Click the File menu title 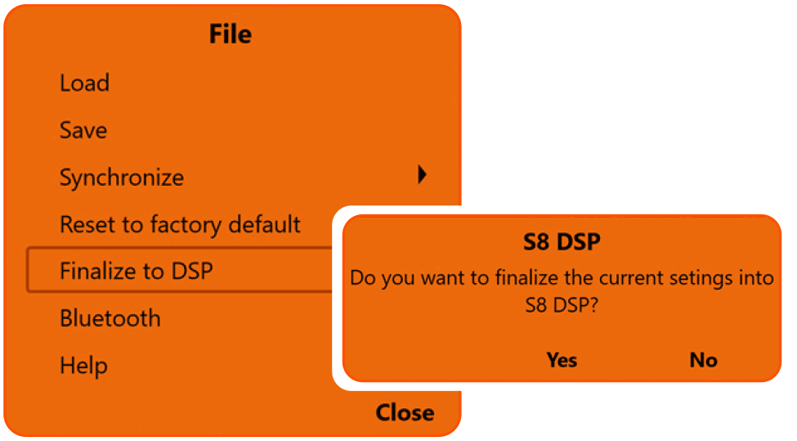[x=231, y=34]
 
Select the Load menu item [x=84, y=83]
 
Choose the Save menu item [x=83, y=130]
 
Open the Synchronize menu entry [x=122, y=178]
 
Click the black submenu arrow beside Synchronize [x=422, y=173]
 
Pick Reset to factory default [x=180, y=224]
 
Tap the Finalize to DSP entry [x=136, y=271]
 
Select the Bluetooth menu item [x=110, y=318]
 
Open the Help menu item [x=83, y=365]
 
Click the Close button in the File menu [x=405, y=412]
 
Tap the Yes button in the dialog [x=562, y=360]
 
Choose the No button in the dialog [x=703, y=360]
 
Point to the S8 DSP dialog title [x=561, y=243]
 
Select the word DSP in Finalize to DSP [x=192, y=271]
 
